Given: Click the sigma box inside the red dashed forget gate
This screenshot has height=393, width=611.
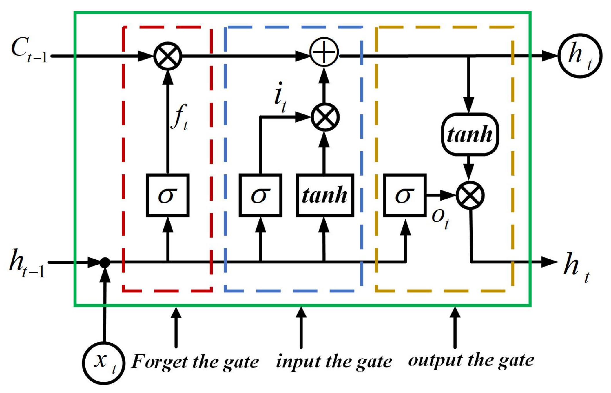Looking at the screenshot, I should point(168,195).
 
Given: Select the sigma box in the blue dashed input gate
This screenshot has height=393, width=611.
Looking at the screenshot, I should point(260,195).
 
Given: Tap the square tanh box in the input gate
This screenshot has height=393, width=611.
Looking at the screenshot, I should point(325,195).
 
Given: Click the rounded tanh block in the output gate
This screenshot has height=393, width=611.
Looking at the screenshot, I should point(470,134).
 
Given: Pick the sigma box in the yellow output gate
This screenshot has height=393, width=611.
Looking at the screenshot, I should point(405,195).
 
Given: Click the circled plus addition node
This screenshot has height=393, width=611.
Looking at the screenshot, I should point(324,52).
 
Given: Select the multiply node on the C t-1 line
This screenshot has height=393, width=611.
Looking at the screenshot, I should point(168,56).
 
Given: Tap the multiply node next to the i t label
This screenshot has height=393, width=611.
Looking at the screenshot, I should point(325,117).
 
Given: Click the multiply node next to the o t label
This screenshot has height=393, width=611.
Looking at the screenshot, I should point(470,195).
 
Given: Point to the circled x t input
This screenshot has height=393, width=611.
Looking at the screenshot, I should point(104,363).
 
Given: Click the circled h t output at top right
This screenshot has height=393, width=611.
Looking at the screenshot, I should point(580,56).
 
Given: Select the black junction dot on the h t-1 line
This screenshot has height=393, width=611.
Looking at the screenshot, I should point(105,263).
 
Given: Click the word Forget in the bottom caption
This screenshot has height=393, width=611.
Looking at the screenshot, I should point(159,362).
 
